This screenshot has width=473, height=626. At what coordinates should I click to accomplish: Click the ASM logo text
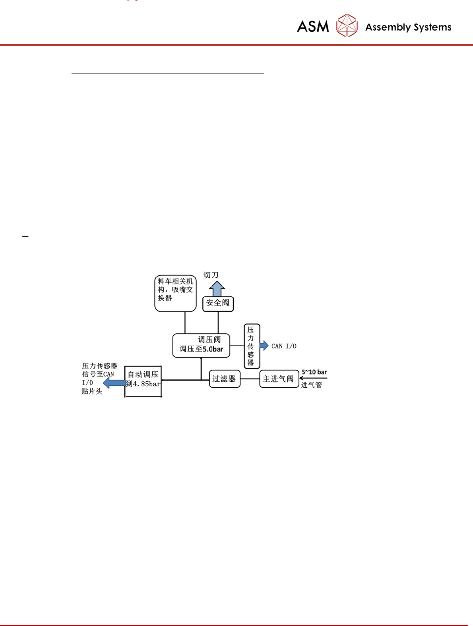coord(313,27)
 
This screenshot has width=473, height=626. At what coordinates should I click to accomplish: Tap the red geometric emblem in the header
coord(347,25)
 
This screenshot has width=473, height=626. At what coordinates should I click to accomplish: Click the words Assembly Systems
coord(408,27)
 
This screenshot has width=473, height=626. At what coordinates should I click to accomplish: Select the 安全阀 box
coord(218,303)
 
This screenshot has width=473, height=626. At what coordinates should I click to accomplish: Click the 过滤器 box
coord(225,379)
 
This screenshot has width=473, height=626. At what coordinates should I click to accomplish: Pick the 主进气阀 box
coord(279,379)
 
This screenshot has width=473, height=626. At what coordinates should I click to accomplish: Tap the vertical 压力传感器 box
coord(252,346)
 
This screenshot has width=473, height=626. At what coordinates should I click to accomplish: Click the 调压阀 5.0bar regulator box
coord(201,345)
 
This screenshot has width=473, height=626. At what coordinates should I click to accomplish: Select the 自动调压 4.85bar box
coord(143,381)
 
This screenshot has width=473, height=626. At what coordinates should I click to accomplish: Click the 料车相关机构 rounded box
coord(175,293)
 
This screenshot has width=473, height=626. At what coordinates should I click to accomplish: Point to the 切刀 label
coord(211,275)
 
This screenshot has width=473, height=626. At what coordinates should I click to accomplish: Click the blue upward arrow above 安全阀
coord(217,288)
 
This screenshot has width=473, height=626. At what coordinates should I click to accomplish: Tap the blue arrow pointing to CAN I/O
coord(264,346)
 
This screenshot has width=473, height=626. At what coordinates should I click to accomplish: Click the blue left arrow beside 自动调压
coord(114,383)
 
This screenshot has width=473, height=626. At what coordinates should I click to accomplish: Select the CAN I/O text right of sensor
coord(284,346)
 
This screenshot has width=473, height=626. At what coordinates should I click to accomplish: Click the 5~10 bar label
coord(314,372)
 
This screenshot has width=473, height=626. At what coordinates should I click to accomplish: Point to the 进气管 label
coord(311,385)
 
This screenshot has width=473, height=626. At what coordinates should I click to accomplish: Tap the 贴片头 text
coord(92,391)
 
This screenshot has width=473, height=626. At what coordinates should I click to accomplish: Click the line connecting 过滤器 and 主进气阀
coord(250,379)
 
